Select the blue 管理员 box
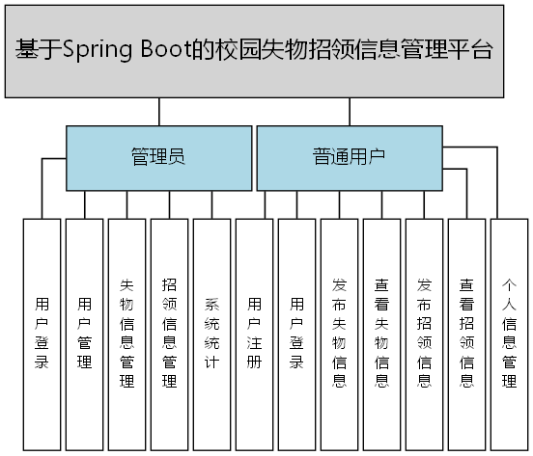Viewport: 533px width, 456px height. pyautogui.click(x=158, y=157)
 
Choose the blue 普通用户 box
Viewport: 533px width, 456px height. pyautogui.click(x=349, y=157)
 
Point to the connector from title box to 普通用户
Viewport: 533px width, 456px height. pyautogui.click(x=349, y=111)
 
